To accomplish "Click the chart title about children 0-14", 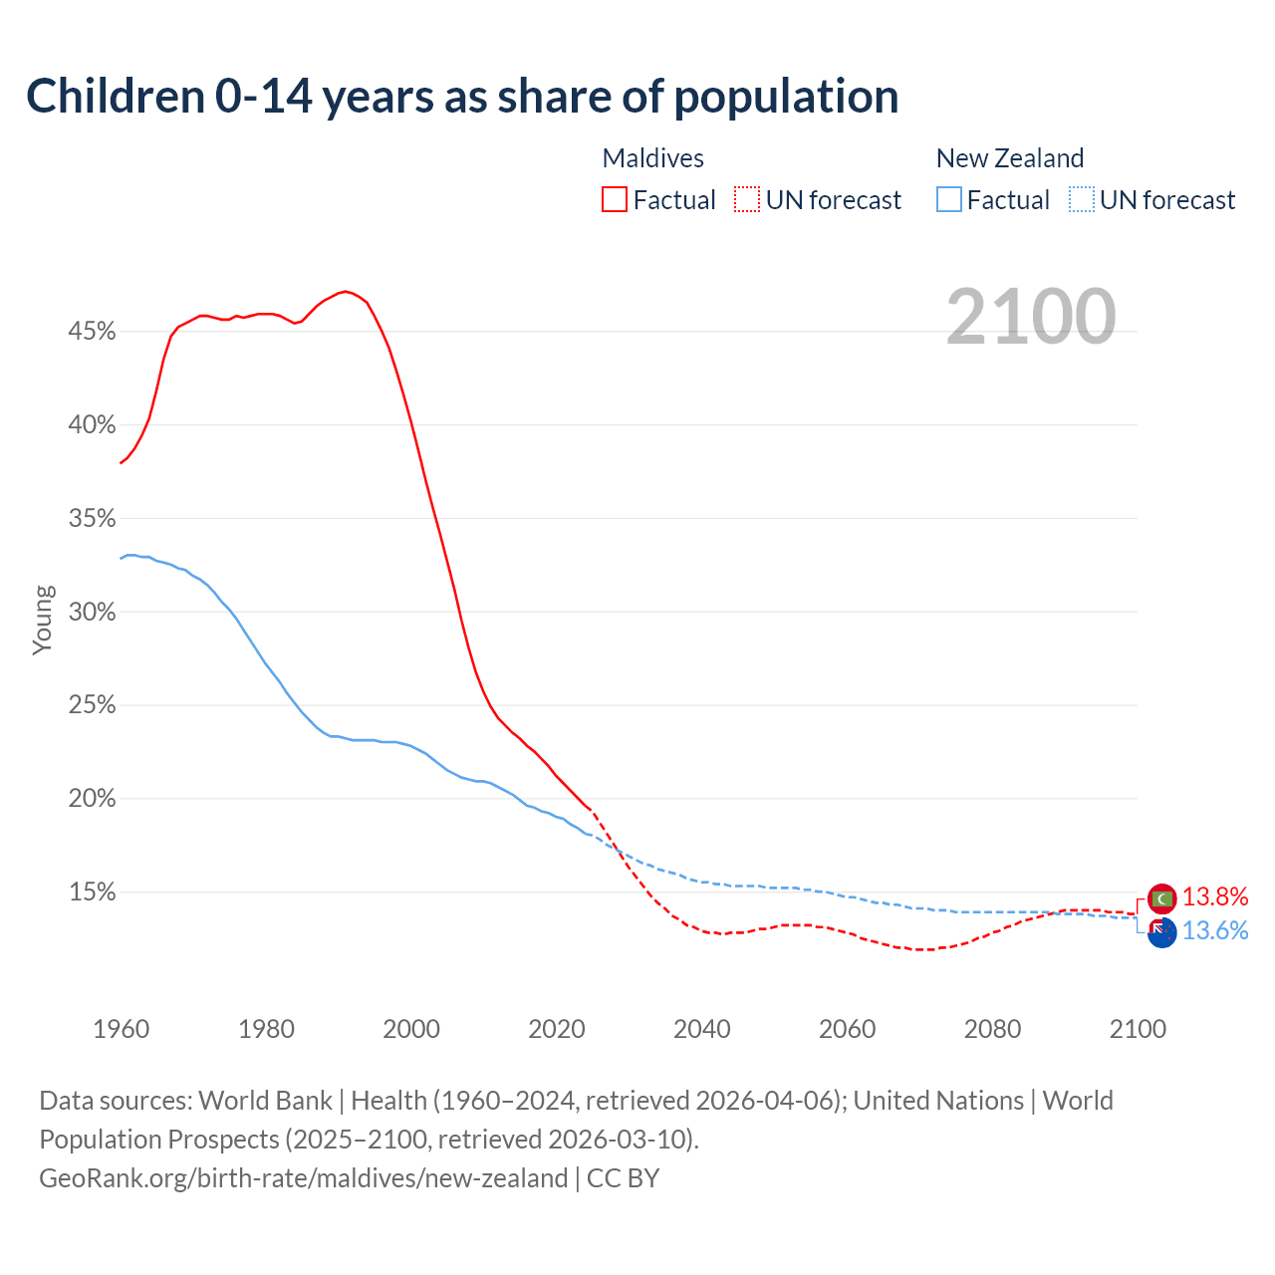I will pos(462,97).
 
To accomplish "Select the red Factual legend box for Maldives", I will pos(615,200).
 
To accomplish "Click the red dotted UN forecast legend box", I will pos(747,200).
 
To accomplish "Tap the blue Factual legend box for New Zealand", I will pos(949,200).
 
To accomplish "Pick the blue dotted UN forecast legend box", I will pos(1082,200).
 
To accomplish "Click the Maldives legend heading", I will pos(653,158).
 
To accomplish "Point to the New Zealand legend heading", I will pos(1010,158).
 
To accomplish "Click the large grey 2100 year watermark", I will pos(1031,317).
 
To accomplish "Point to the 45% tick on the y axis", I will pos(92,332).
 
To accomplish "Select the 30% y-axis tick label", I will pos(92,613).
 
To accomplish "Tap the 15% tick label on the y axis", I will pos(92,892).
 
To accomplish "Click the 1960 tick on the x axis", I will pos(121,1029).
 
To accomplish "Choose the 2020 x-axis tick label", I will pos(557,1029).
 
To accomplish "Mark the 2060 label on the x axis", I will pos(847,1029).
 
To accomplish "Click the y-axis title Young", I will pos(43,620).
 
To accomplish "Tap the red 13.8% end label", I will pos(1215,897).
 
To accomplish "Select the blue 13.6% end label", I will pos(1215,931).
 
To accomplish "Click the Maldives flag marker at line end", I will pos(1162,898).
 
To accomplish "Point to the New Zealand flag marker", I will pos(1161,932).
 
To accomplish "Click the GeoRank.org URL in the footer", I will pos(303,1178).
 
